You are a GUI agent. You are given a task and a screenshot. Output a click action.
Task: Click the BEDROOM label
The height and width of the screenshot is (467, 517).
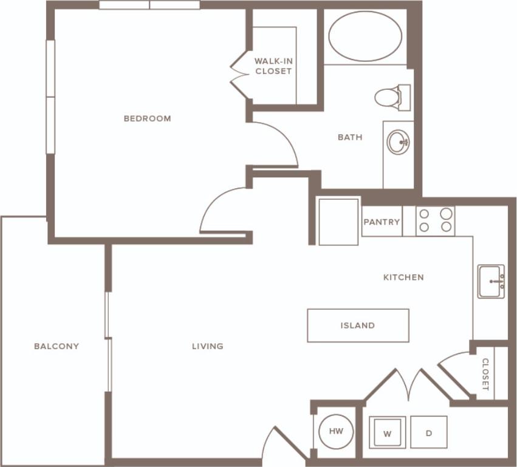[147, 118]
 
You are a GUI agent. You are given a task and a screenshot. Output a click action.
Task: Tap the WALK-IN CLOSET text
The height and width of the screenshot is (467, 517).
[273, 66]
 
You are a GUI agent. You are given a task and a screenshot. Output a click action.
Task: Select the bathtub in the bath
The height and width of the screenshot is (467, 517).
[365, 36]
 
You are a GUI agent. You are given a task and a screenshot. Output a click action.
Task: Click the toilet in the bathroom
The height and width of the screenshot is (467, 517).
[390, 97]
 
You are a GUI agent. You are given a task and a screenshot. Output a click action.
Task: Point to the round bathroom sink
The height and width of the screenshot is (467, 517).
[398, 143]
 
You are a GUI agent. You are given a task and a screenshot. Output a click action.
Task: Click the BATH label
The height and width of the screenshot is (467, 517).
[350, 137]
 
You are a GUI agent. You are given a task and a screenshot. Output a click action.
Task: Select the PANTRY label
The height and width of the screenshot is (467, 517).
[382, 222]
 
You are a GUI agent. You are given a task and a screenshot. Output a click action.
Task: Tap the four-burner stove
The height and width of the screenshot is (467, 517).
[436, 220]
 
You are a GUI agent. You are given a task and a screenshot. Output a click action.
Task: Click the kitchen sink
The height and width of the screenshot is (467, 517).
[491, 281]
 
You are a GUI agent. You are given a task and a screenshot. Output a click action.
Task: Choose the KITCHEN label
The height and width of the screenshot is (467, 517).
[403, 277]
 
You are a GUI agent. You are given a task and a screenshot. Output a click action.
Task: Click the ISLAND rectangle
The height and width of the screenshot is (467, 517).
[357, 326]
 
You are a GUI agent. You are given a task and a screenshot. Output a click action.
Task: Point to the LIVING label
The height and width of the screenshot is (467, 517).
[208, 346]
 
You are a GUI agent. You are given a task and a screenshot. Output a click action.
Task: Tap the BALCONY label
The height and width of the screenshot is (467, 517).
[56, 346]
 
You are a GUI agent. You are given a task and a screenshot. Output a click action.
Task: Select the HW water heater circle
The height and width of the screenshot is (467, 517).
[336, 431]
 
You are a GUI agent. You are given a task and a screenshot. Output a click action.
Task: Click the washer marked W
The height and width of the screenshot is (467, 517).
[387, 433]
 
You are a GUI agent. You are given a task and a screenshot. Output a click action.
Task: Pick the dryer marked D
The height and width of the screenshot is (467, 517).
[429, 433]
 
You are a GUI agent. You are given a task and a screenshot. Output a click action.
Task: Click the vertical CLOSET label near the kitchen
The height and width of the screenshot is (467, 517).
[485, 374]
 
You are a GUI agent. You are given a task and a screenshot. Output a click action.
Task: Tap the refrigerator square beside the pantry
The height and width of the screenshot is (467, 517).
[338, 222]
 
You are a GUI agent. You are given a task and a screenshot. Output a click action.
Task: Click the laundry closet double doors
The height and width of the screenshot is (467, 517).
[410, 384]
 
